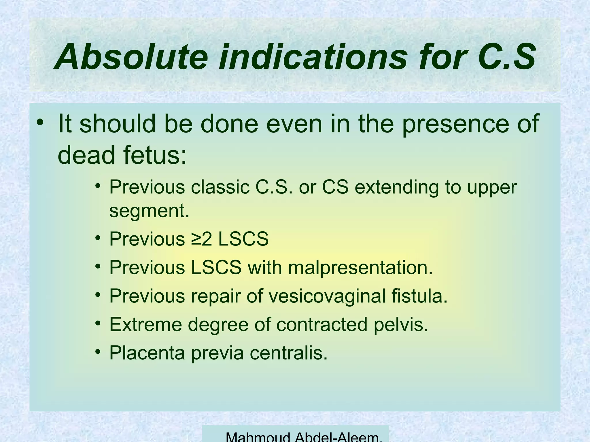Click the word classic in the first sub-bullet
[220, 187]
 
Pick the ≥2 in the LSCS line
[202, 239]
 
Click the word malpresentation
[360, 267]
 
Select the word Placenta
[147, 353]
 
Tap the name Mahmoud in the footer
[258, 437]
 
